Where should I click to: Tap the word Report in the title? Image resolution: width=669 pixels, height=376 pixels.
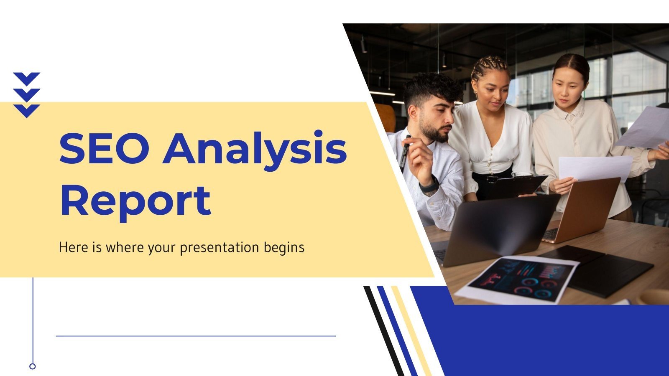135,201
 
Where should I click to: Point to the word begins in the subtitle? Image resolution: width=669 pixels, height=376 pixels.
284,248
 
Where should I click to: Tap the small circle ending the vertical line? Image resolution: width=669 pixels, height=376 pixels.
33,366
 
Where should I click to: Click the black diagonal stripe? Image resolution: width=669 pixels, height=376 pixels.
383,330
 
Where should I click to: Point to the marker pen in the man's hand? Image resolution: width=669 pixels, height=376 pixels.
405,152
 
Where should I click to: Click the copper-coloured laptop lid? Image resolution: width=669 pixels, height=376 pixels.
585,209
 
